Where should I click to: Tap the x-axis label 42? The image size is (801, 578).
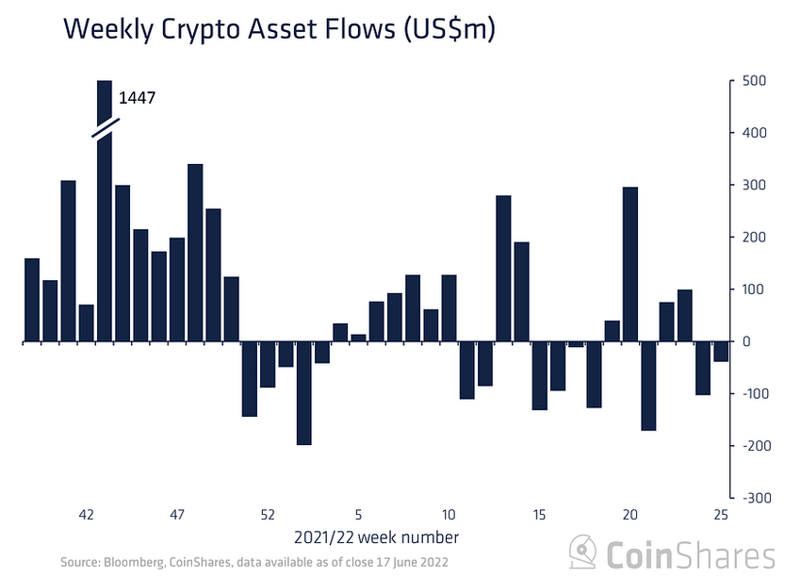click(x=86, y=515)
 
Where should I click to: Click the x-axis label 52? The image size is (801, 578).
click(x=268, y=515)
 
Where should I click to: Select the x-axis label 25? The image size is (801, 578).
click(x=721, y=515)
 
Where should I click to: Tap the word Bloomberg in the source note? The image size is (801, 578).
click(x=133, y=563)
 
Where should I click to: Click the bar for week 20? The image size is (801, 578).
click(x=630, y=264)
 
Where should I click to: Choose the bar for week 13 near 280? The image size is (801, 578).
click(x=504, y=268)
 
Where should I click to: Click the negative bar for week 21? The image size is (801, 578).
click(x=648, y=386)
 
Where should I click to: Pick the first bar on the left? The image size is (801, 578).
click(x=32, y=300)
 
